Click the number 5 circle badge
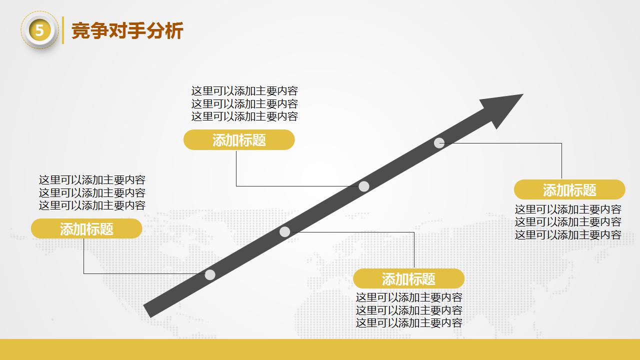[x=39, y=31]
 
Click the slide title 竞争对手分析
[x=127, y=31]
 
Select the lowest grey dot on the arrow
[x=210, y=274]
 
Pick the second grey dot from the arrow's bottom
[x=284, y=231]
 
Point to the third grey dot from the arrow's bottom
[x=364, y=186]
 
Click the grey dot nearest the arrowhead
[x=439, y=143]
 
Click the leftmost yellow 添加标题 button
[x=86, y=229]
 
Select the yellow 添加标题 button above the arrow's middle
[x=239, y=140]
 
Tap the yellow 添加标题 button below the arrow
[x=408, y=278]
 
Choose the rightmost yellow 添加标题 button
[x=569, y=190]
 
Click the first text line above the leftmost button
[x=92, y=180]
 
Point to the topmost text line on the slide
[x=244, y=91]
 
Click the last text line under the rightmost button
[x=568, y=234]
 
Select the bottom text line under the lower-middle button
[x=409, y=323]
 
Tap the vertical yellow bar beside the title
[x=63, y=30]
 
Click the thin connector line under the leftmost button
[x=83, y=256]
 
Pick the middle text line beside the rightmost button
[x=568, y=222]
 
